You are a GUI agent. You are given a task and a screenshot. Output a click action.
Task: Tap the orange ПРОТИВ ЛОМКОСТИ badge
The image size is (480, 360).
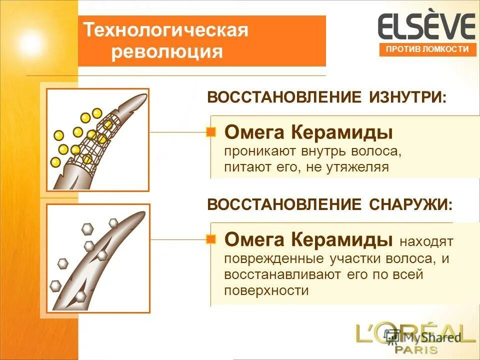coord(427,49)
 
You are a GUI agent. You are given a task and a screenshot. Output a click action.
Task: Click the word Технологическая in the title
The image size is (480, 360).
coord(165,30)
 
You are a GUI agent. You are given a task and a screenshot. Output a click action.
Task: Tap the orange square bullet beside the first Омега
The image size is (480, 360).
coord(211,132)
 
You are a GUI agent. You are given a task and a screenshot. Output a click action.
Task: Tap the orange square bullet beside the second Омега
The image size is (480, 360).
coord(211,239)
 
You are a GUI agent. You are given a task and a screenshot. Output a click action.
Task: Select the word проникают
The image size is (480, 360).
coord(258,151)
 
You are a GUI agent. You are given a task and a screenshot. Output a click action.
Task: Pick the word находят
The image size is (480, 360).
coord(426,242)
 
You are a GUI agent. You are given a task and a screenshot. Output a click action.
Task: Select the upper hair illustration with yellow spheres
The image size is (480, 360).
coord(98,139)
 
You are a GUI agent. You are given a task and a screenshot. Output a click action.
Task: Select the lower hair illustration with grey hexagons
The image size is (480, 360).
coord(98,258)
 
